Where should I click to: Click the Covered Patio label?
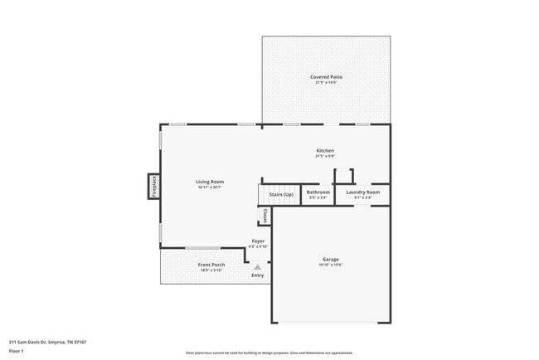(326, 76)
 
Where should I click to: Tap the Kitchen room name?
(324, 150)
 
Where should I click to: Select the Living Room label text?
(210, 182)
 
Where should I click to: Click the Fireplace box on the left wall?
(154, 187)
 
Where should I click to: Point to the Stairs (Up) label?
(281, 194)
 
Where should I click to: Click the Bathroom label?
(318, 192)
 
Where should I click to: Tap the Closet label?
(265, 216)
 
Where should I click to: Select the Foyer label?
(259, 241)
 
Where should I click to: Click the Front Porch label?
(211, 265)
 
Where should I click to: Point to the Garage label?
(330, 260)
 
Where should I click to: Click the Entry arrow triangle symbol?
(258, 267)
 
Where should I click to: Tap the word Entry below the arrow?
(258, 275)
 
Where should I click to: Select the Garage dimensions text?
(330, 265)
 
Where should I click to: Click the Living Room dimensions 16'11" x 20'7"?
(210, 187)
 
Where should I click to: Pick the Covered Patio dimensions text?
(326, 81)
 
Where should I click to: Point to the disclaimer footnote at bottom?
(269, 353)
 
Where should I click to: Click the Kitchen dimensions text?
(324, 156)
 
